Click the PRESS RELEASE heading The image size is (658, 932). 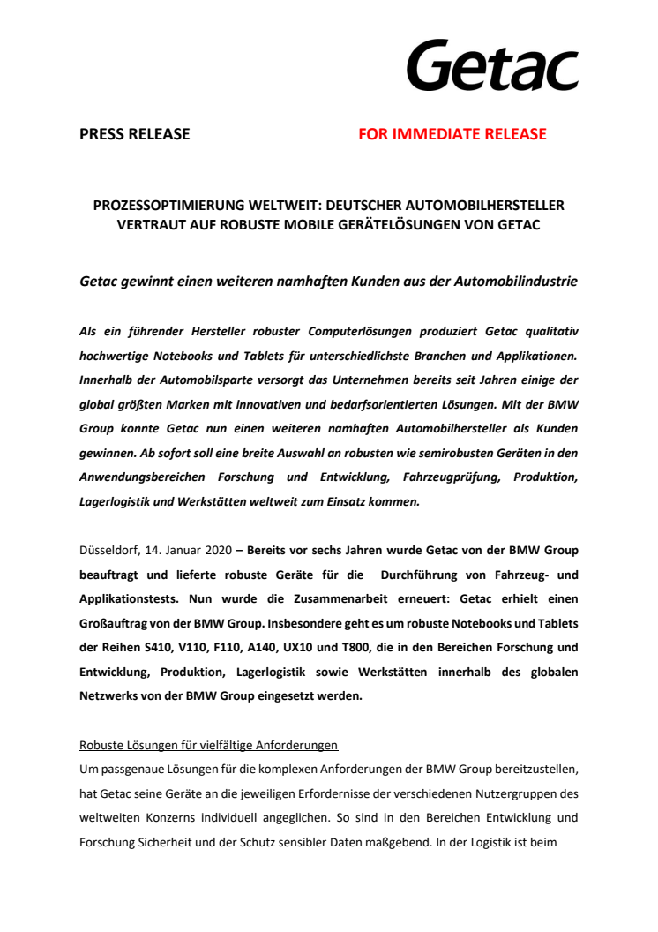[x=134, y=134]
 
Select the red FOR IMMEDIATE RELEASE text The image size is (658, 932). [x=452, y=134]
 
